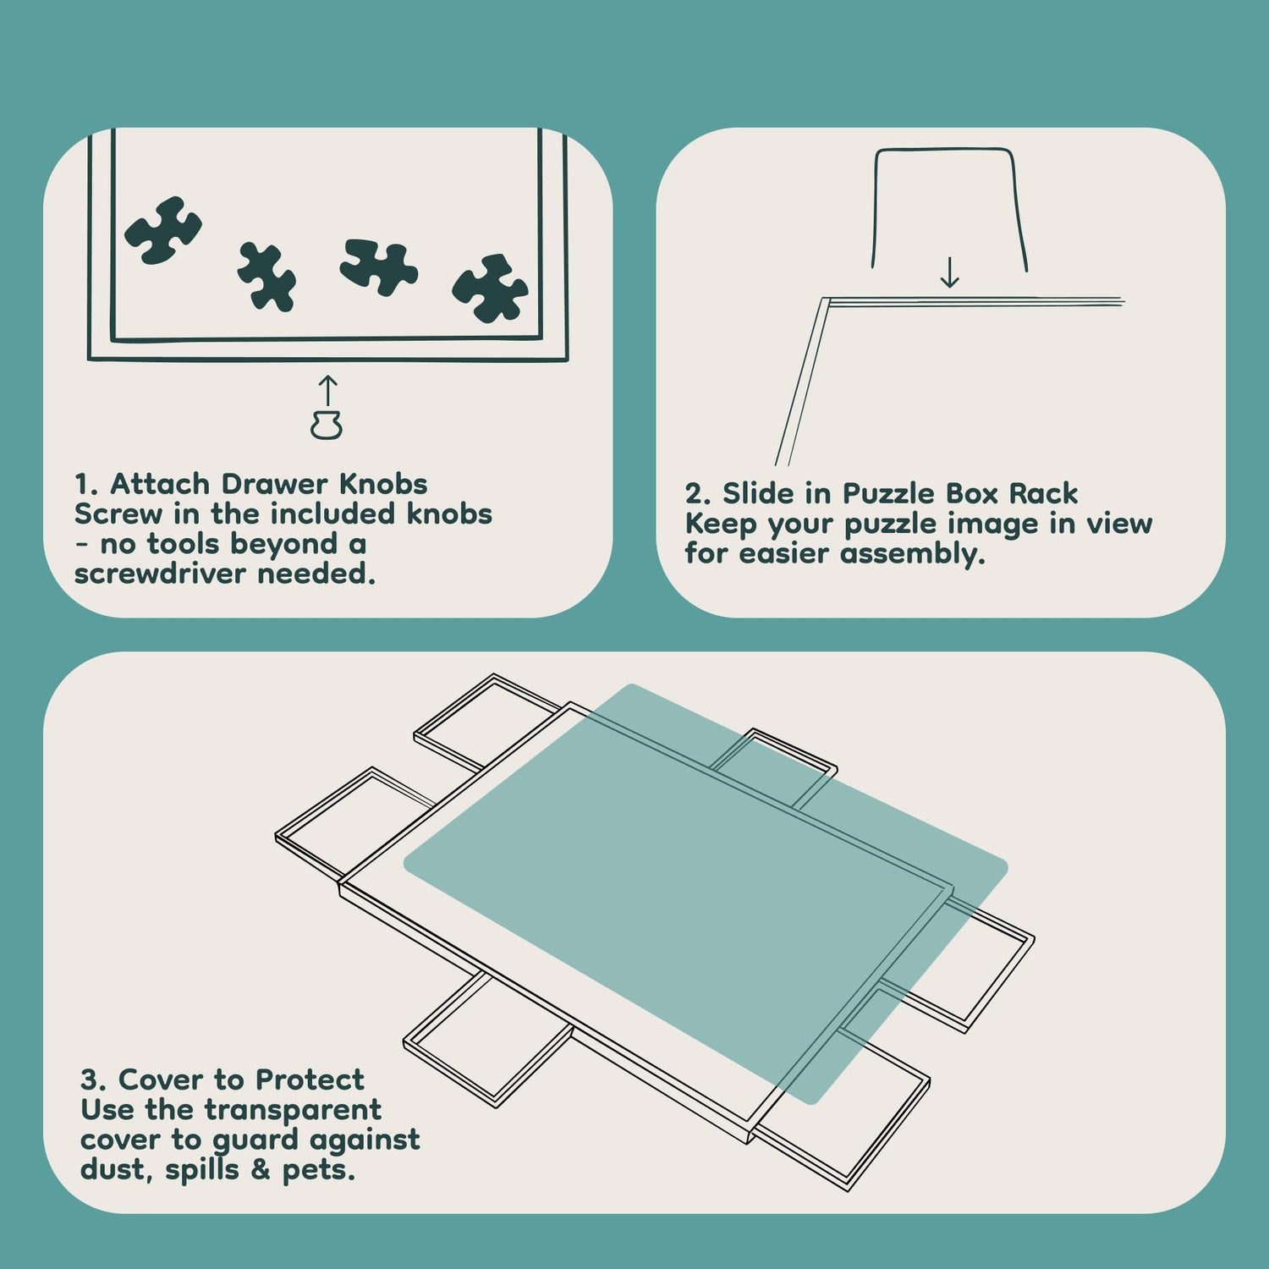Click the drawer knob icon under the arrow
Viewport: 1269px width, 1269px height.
point(326,426)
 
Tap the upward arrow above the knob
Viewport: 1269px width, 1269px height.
point(327,391)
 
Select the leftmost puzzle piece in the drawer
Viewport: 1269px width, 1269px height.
point(163,230)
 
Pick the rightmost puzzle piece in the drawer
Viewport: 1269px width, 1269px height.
point(490,288)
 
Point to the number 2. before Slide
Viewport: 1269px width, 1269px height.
point(698,493)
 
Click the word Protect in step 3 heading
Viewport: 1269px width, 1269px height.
point(310,1079)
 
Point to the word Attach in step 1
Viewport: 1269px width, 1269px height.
point(160,484)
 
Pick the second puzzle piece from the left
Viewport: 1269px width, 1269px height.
point(266,277)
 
